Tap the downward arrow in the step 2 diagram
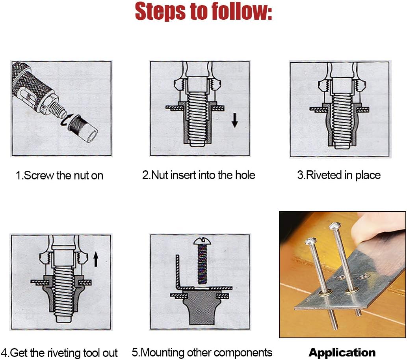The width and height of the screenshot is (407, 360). (x=235, y=120)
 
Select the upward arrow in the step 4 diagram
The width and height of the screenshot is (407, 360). (x=96, y=259)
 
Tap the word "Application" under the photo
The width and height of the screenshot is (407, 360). (x=342, y=353)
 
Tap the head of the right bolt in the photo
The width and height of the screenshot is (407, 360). (x=335, y=226)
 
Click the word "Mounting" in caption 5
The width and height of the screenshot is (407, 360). (x=163, y=353)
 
